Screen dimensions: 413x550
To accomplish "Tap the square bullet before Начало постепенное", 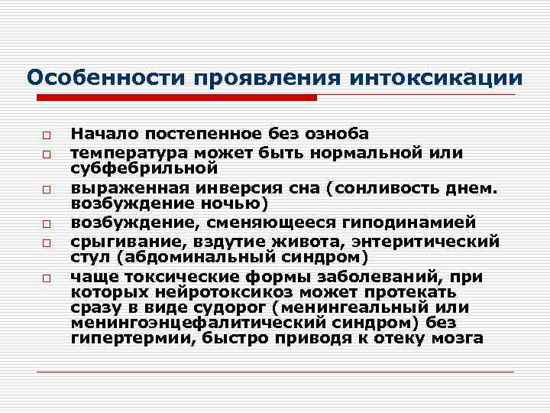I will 47,134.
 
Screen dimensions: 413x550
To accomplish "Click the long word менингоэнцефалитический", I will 195,324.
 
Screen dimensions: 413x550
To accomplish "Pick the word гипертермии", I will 118,338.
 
